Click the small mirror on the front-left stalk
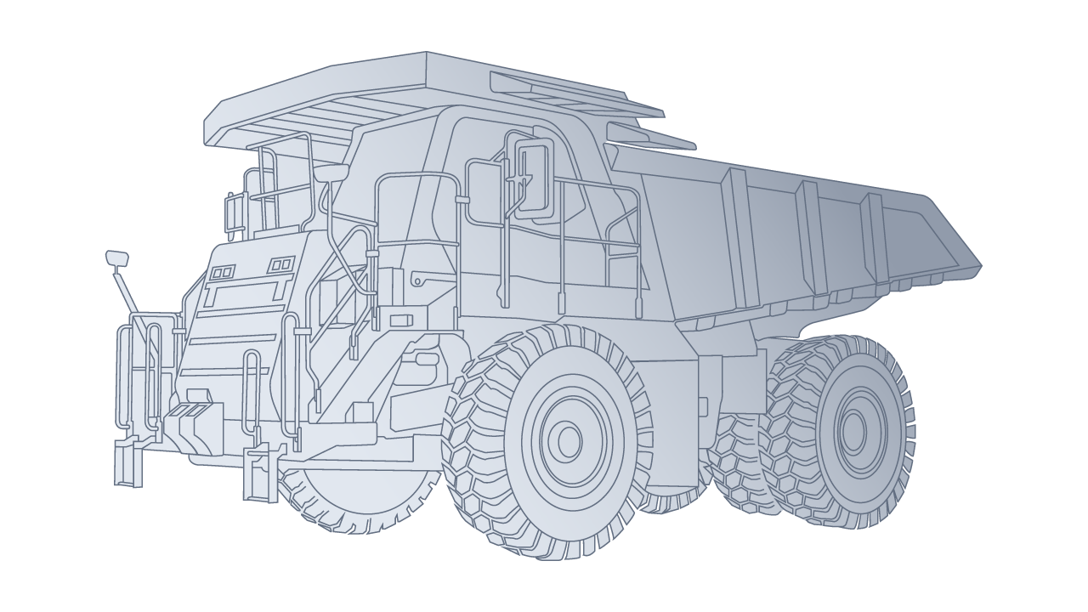(x=116, y=258)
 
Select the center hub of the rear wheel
(x=853, y=426)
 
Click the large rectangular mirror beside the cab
(x=533, y=179)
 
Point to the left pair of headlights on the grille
(x=223, y=272)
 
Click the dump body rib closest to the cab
(x=734, y=238)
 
